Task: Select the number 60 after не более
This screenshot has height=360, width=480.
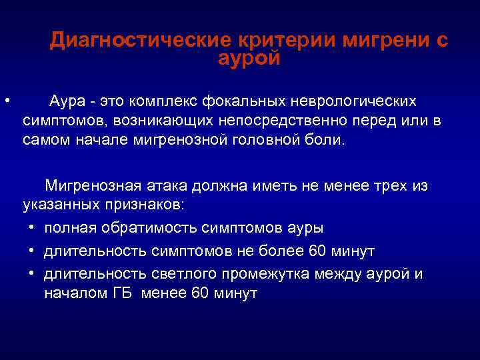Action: pos(321,251)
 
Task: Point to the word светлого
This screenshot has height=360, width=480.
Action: pos(170,274)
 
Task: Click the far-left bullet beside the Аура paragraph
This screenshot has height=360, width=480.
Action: pos(5,101)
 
